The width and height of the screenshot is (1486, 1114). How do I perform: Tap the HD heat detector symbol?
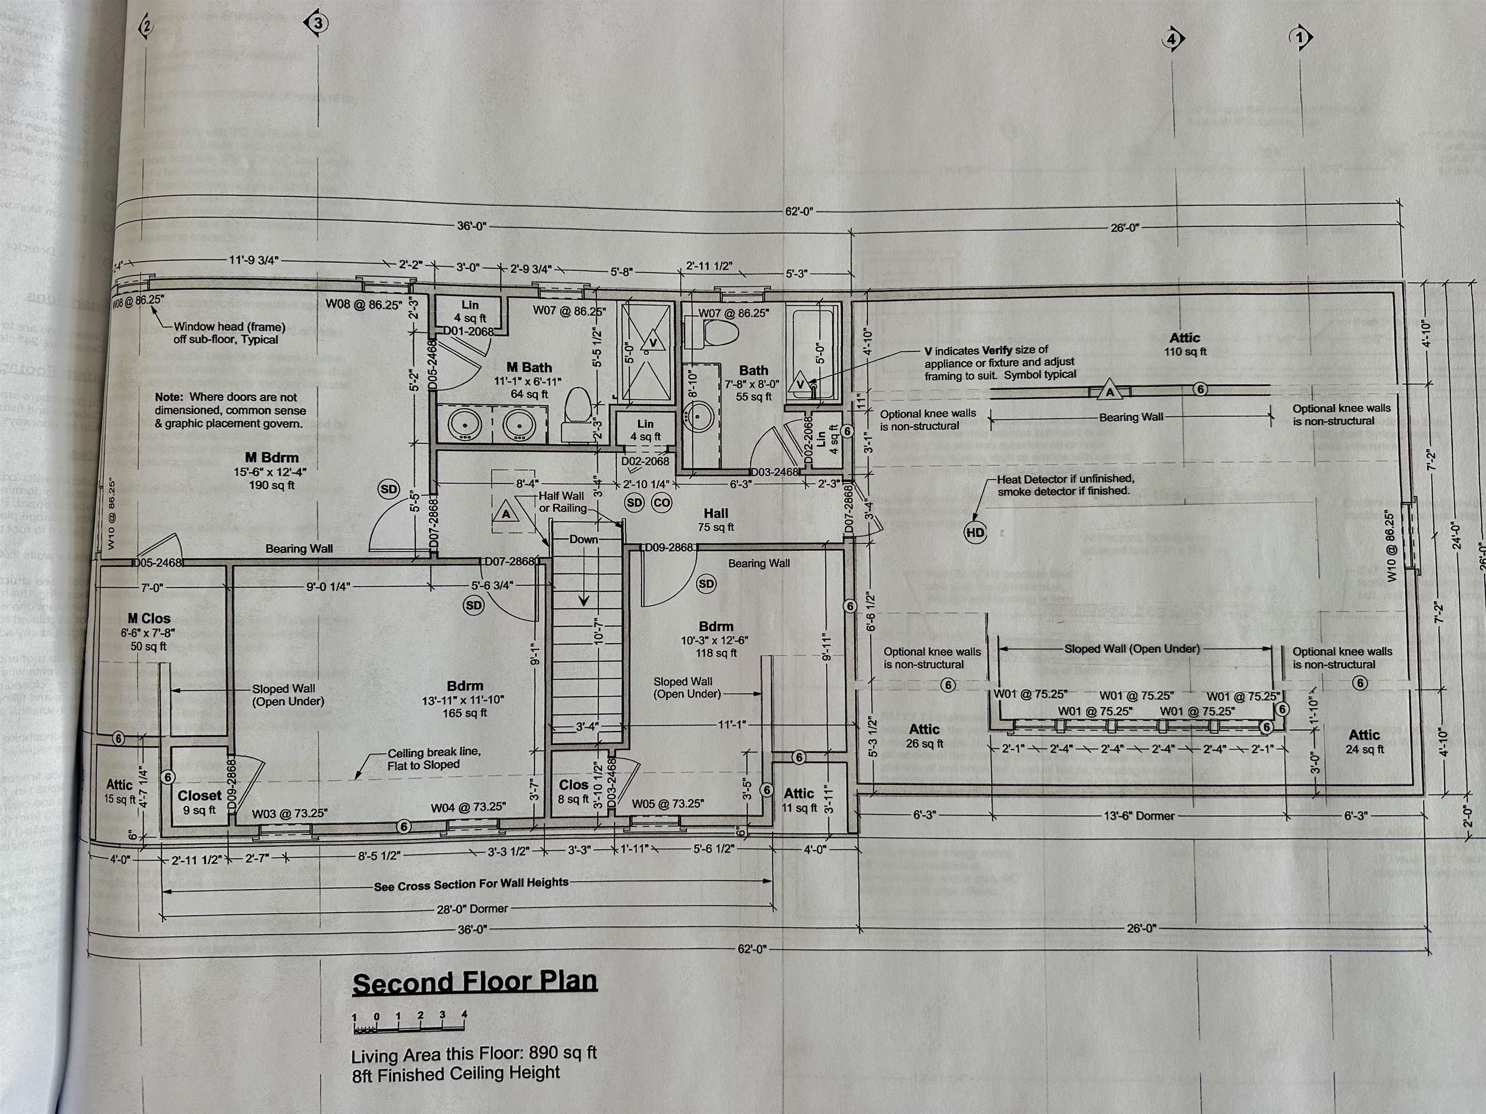975,532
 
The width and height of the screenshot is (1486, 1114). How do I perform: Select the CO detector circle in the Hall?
662,502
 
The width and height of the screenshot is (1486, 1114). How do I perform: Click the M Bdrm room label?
271,457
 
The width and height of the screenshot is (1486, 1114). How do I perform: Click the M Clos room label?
149,618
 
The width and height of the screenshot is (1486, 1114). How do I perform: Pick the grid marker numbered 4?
1172,39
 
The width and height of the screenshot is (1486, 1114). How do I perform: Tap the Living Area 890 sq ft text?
474,1054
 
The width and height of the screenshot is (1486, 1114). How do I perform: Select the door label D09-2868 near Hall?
669,547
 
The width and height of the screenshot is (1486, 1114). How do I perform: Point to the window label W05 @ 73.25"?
667,804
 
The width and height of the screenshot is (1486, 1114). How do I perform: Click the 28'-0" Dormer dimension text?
472,909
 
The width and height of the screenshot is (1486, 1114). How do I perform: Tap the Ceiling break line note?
423,759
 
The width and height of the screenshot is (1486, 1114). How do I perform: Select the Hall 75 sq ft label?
715,520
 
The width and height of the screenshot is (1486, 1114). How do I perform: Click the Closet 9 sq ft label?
199,802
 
